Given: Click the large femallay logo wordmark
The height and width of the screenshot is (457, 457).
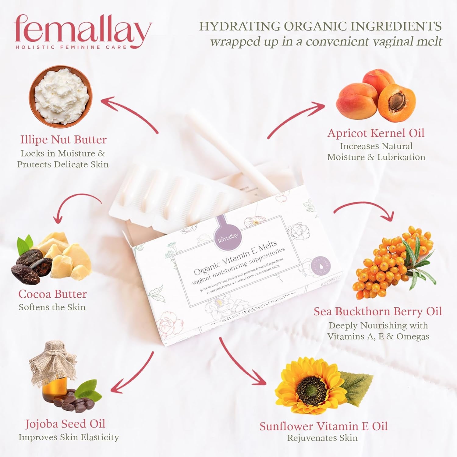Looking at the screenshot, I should [82, 30].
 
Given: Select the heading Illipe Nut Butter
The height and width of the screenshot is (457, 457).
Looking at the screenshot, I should [63, 140].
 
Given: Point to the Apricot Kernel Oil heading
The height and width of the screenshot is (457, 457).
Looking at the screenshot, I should [376, 133].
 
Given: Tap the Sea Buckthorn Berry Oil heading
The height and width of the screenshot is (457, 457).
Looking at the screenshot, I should [378, 311].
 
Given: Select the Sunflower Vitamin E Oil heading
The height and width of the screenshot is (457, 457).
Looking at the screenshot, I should [323, 426].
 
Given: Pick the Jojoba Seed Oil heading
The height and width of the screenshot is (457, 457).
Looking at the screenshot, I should [65, 424].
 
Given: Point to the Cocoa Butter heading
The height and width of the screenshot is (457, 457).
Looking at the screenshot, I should [52, 294].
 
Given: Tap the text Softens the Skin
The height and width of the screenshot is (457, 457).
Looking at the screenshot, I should [52, 307].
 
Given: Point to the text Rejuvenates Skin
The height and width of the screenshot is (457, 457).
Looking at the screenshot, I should [322, 438].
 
